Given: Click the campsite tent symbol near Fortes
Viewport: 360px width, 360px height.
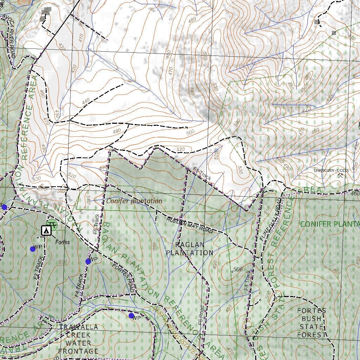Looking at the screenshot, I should point(46,231).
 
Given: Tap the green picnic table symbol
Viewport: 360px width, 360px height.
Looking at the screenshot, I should point(52,224).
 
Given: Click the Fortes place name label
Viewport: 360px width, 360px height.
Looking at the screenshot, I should point(63,242).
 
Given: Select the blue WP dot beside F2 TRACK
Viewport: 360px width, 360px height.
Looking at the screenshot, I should point(33,249).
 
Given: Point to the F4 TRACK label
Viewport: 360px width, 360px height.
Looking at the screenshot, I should point(80,286).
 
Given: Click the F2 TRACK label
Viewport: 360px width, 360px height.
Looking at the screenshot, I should point(39,268).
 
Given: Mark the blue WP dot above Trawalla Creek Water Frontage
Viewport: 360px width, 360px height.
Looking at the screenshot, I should point(131,316).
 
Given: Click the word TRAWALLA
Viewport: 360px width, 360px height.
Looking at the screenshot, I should point(78,327).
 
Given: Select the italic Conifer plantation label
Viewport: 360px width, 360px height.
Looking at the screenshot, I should point(134,201).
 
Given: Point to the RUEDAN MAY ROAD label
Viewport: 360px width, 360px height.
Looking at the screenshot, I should point(189,225).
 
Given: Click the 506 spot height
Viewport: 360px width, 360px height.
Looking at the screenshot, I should point(238,270).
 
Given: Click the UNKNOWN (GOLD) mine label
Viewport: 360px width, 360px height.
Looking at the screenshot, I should point(331,171).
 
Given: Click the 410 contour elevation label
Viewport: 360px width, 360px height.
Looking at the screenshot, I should point(81,38).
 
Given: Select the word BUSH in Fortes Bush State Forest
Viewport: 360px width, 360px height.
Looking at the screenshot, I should point(311,319).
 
